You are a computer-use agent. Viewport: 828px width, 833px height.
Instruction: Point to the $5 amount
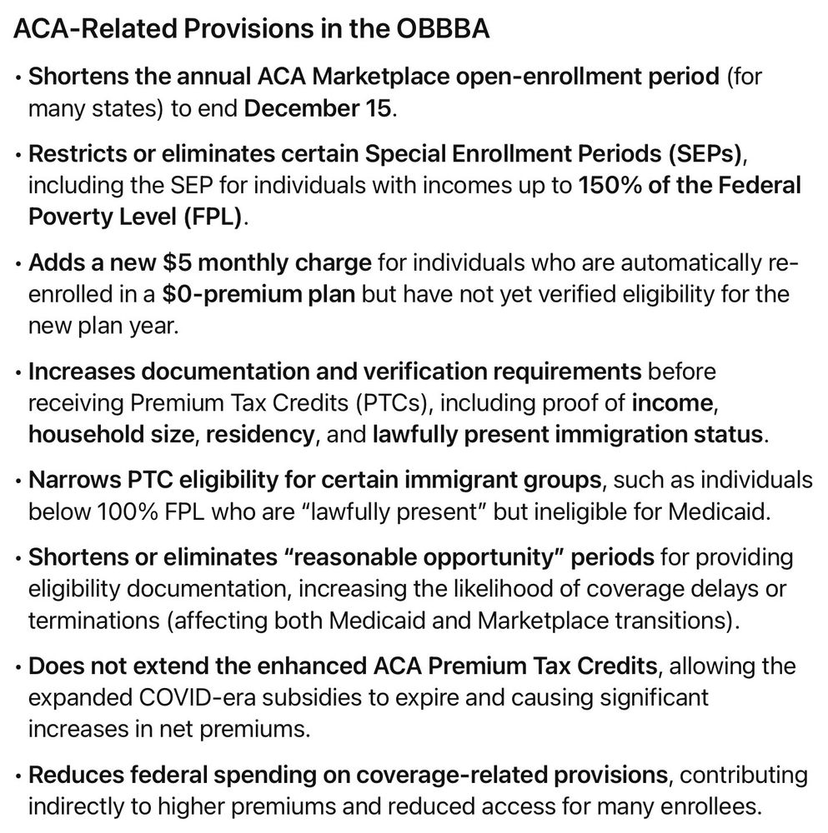tap(178, 263)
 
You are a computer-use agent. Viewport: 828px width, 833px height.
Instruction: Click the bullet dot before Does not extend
tap(18, 667)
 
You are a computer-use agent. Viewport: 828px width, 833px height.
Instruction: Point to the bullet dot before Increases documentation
tap(18, 372)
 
